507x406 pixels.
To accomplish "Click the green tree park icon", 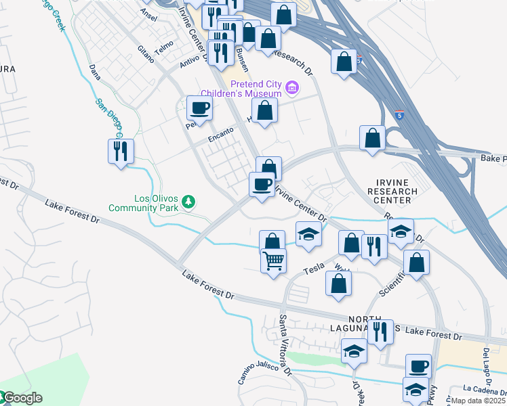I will coord(189,202).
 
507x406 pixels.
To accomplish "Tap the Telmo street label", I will coord(165,46).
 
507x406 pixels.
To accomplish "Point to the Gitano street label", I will coord(146,54).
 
